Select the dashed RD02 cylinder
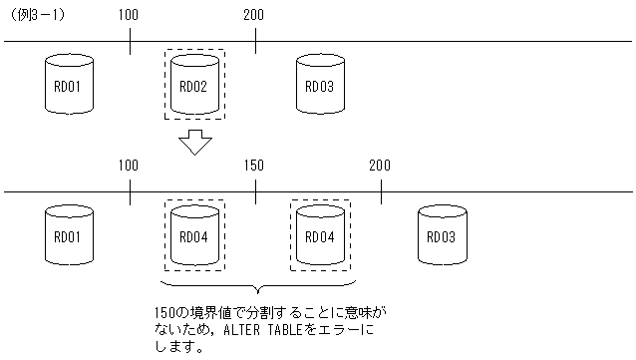click(193, 85)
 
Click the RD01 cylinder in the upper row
click(69, 85)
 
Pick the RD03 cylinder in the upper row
click(318, 85)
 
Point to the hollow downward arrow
click(196, 144)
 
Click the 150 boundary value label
click(254, 166)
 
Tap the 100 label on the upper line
click(129, 15)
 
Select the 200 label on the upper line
click(254, 15)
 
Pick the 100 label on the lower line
click(129, 166)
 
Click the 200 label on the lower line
click(380, 166)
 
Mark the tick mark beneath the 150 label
click(255, 191)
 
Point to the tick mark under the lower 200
click(381, 191)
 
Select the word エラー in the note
click(338, 330)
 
